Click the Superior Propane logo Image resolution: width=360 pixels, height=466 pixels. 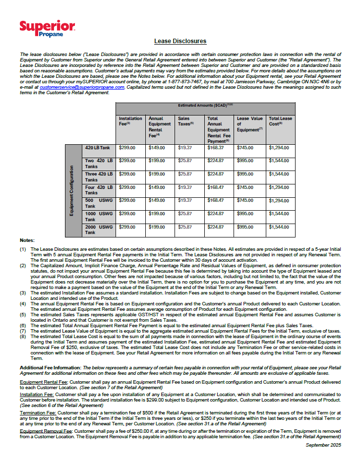point(47,28)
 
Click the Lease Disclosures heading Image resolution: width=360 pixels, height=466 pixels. point(180,41)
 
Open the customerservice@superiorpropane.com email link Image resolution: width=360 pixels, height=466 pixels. point(82,87)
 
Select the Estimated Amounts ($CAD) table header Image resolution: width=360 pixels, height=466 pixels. point(205,106)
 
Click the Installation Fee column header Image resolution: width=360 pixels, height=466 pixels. point(130,121)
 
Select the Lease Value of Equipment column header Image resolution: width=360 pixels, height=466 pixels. point(250,124)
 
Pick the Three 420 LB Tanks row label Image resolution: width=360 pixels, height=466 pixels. point(98,177)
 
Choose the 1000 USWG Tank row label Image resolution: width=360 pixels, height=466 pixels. point(98,216)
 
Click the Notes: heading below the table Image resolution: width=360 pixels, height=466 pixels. point(28,240)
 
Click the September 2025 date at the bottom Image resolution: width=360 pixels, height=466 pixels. point(323,446)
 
